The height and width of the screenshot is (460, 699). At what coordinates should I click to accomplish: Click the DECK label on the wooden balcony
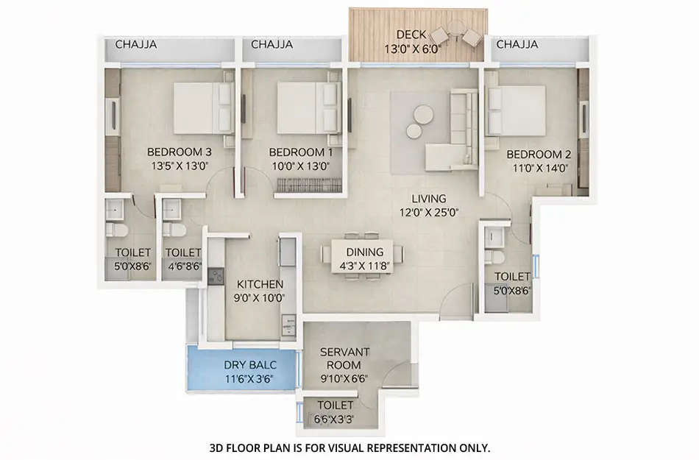pos(408,34)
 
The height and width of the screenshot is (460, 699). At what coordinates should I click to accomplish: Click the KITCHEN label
pos(260,284)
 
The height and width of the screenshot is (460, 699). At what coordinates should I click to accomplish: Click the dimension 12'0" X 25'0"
pos(429,213)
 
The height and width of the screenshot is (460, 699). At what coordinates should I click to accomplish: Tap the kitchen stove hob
pos(216,277)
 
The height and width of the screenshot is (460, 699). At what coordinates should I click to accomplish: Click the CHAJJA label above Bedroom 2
pos(517,45)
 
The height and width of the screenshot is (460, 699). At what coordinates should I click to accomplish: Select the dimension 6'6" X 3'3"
pos(335,419)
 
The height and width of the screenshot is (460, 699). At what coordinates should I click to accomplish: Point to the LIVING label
pos(429,199)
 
